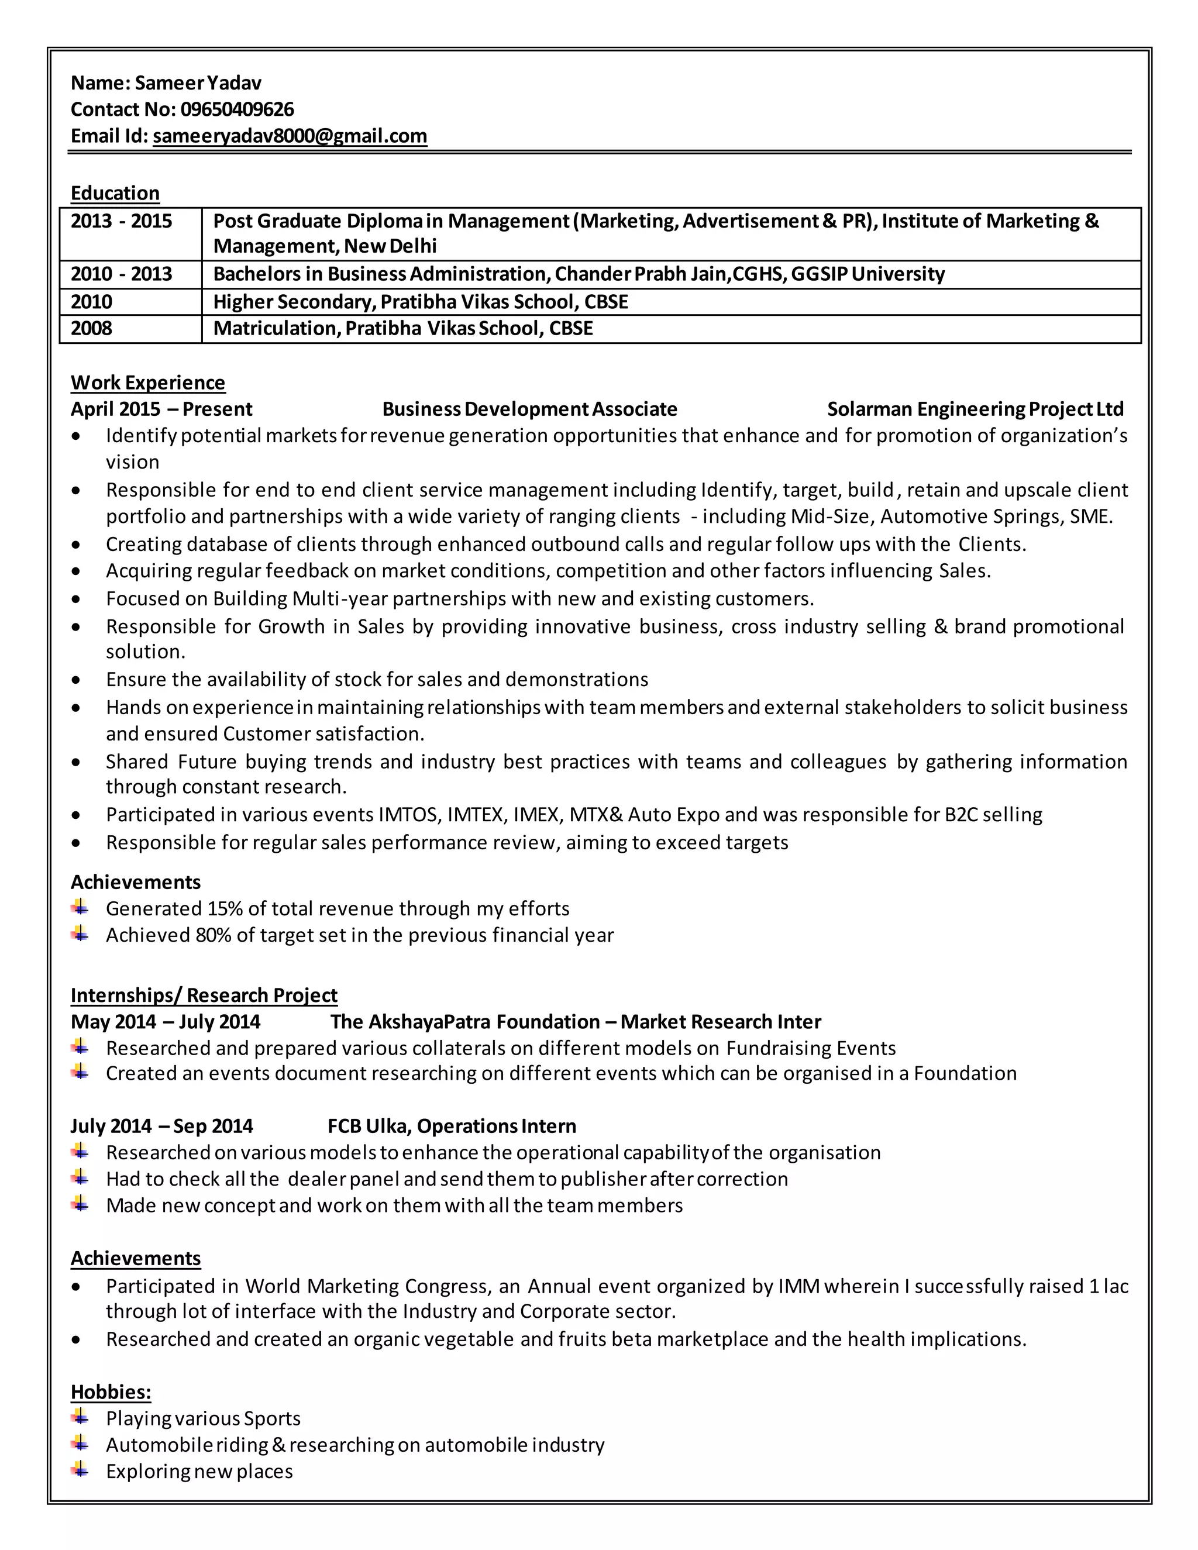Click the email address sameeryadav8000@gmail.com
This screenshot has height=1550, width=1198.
290,136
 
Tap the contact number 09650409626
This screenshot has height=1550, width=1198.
237,109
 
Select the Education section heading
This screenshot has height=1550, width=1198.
115,193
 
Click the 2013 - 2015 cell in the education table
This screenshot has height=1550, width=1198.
121,222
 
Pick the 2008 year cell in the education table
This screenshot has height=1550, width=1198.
92,329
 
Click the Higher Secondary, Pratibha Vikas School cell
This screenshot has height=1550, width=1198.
420,302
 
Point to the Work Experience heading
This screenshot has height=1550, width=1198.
147,383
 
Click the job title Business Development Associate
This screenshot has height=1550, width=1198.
529,409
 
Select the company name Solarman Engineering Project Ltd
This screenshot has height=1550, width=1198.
975,409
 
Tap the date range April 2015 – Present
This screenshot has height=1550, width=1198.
161,409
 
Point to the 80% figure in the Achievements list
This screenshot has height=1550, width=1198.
214,935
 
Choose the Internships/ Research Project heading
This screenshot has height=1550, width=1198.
204,995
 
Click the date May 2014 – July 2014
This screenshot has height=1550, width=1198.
166,1022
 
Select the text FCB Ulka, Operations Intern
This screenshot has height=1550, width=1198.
452,1127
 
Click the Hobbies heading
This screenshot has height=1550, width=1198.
111,1393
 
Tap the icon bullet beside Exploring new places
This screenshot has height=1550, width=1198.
80,1470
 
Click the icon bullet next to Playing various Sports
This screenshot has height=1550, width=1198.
80,1417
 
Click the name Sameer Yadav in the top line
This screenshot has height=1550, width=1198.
198,83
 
